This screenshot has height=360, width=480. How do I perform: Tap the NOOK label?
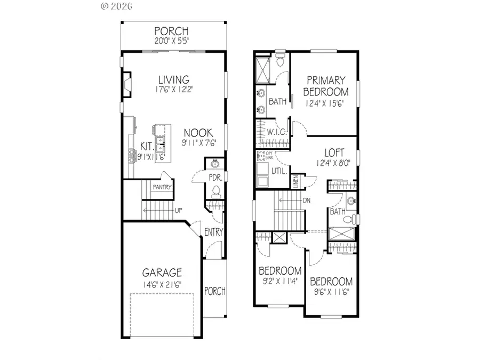[198, 133]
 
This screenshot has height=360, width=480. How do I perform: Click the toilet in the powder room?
[216, 190]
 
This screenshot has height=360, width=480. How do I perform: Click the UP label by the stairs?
[180, 210]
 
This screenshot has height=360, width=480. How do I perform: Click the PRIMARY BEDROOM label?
[326, 85]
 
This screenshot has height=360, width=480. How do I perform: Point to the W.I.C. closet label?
[278, 131]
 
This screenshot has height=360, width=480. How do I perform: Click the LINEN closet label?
[296, 181]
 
